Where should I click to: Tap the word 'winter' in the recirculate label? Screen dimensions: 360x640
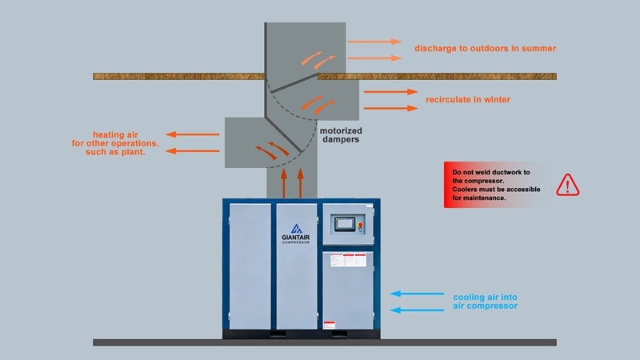point(495,100)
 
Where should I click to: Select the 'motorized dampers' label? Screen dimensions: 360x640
point(340,134)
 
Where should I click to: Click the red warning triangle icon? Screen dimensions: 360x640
point(567,185)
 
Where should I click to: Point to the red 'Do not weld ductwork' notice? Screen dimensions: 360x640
point(496,185)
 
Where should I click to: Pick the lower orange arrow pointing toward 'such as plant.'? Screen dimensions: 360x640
point(192,150)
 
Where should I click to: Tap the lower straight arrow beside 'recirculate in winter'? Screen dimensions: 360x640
point(390,107)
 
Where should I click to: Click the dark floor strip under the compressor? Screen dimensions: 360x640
point(324,342)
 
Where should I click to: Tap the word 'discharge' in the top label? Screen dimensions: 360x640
point(437,49)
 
